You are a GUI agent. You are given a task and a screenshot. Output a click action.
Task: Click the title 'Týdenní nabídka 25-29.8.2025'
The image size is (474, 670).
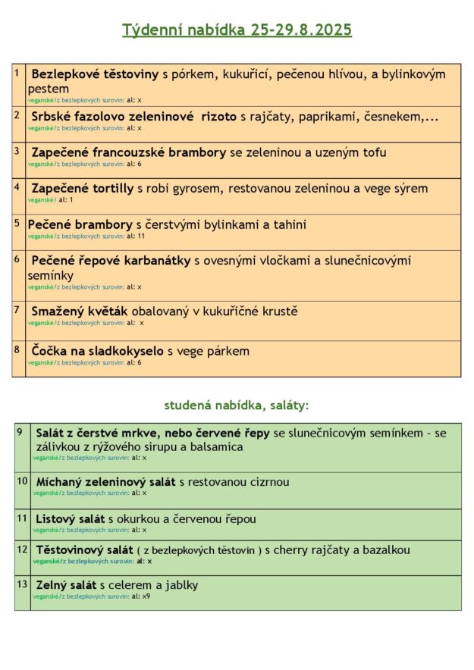tap(237, 30)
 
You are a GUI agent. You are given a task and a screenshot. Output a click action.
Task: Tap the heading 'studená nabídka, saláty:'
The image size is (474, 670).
tap(237, 405)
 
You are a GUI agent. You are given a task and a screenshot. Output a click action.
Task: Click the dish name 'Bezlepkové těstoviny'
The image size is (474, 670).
tap(94, 74)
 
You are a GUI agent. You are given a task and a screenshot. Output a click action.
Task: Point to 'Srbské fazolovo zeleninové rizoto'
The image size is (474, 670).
tap(133, 117)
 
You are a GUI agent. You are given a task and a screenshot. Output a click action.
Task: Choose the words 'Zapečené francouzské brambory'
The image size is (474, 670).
tap(128, 152)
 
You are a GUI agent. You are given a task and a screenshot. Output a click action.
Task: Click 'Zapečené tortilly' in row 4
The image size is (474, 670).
tap(82, 188)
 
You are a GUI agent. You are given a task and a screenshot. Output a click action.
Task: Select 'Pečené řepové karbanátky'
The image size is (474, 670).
tap(111, 261)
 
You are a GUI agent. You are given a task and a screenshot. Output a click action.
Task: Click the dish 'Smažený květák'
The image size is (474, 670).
tap(80, 312)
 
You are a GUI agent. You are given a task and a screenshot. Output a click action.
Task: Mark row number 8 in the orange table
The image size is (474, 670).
tap(17, 349)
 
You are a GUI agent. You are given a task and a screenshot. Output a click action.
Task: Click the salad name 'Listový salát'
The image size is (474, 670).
tap(71, 519)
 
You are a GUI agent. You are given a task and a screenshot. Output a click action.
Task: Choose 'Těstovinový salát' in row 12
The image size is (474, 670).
tap(83, 549)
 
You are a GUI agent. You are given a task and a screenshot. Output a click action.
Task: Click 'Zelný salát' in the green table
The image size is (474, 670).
tap(66, 585)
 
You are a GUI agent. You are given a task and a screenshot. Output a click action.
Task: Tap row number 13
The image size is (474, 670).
tap(21, 584)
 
